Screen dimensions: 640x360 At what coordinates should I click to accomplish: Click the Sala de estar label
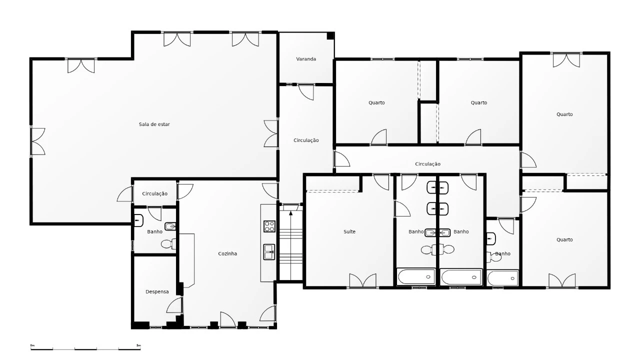click(154, 124)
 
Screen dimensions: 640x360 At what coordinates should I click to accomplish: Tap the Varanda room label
click(306, 59)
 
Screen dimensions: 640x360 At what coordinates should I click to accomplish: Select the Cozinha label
click(227, 253)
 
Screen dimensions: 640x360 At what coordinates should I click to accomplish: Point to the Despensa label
click(157, 291)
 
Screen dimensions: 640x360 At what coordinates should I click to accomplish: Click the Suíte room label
click(349, 231)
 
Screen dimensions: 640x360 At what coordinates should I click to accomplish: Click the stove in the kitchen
click(269, 226)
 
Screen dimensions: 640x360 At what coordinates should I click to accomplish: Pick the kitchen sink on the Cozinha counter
click(269, 252)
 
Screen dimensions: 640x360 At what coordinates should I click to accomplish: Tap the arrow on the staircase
click(291, 245)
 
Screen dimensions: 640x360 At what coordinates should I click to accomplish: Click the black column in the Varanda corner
click(330, 35)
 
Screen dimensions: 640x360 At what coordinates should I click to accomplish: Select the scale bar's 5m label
click(138, 345)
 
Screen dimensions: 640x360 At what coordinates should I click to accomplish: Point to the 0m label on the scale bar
click(32, 345)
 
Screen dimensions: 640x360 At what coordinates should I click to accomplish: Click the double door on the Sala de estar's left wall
click(38, 141)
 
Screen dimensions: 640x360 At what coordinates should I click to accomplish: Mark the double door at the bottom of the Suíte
click(362, 280)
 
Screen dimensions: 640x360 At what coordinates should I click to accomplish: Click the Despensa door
click(174, 305)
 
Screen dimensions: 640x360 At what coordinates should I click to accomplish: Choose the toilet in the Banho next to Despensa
click(168, 244)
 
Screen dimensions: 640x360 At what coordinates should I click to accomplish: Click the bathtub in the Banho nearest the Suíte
click(416, 276)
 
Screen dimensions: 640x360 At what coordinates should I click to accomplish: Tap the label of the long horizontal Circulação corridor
click(427, 164)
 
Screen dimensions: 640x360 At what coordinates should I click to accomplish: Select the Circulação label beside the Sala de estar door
click(155, 193)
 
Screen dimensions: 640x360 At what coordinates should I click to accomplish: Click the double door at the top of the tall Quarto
click(566, 60)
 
